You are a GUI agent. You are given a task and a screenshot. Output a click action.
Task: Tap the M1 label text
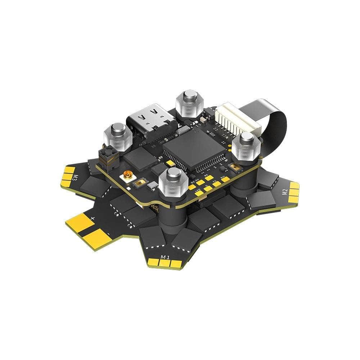[x=165, y=257]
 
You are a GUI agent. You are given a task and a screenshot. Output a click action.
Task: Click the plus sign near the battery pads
[x=93, y=218]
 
